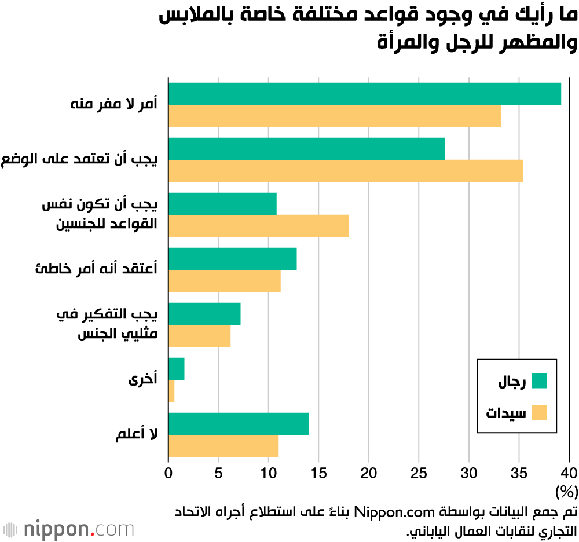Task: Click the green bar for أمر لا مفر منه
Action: pyautogui.click(x=364, y=94)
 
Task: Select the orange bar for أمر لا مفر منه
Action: pyautogui.click(x=334, y=116)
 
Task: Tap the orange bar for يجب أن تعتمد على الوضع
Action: pyautogui.click(x=345, y=171)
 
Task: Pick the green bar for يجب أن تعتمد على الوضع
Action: pyautogui.click(x=306, y=149)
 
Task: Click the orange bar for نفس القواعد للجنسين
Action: pyautogui.click(x=258, y=226)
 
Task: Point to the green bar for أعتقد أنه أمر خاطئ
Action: pyautogui.click(x=232, y=259)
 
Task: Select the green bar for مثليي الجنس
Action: pyautogui.click(x=204, y=314)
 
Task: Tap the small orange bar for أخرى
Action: pyautogui.click(x=171, y=391)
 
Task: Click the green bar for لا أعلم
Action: pyautogui.click(x=238, y=424)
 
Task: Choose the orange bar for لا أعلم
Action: pyautogui.click(x=223, y=446)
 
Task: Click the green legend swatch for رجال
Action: pyautogui.click(x=538, y=381)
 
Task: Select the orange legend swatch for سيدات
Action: pyautogui.click(x=538, y=413)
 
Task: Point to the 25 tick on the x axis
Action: pyautogui.click(x=419, y=473)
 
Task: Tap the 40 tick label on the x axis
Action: pyautogui.click(x=569, y=473)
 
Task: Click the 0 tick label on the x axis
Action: pyautogui.click(x=168, y=473)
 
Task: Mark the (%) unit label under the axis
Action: pyautogui.click(x=566, y=492)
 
